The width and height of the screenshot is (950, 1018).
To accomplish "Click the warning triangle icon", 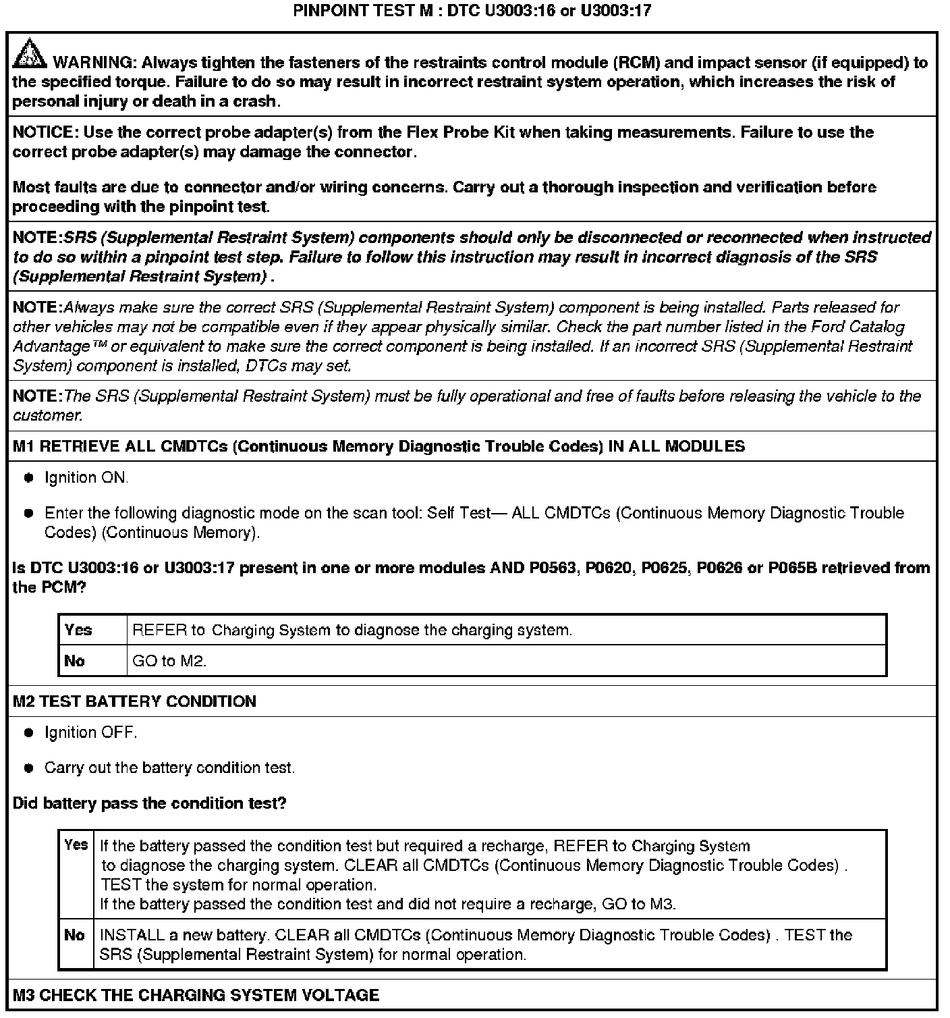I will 29,54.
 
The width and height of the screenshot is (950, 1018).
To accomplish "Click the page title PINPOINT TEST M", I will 472,11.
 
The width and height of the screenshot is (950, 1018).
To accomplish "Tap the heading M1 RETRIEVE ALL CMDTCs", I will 379,446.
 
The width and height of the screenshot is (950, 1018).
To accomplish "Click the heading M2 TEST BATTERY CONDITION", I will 134,701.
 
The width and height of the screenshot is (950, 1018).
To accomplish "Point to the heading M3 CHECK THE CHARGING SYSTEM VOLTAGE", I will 196,995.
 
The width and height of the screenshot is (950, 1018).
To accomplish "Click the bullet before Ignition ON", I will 29,478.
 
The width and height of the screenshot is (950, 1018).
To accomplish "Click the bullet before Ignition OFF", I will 29,733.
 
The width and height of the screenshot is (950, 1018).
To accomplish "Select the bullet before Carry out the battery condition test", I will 29,768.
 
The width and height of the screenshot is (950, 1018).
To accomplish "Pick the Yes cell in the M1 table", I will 78,630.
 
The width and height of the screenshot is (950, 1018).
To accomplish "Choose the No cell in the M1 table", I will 75,661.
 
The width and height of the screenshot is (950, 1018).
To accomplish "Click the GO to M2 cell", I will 169,661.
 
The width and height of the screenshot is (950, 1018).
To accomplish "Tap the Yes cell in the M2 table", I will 76,845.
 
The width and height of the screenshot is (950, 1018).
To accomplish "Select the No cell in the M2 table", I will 75,935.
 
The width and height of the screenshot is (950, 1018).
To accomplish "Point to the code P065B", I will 792,568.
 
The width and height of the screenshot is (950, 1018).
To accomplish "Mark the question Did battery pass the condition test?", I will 149,803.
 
